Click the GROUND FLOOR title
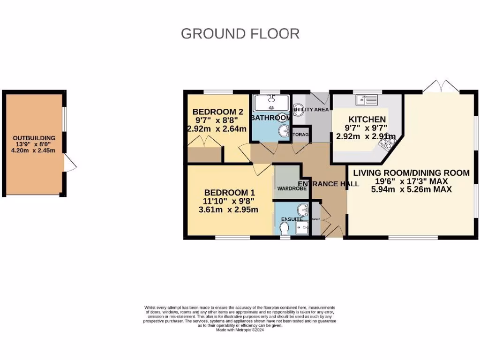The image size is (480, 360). pyautogui.click(x=240, y=34)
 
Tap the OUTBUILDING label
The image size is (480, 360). pyautogui.click(x=34, y=138)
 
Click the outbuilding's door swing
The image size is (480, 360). pyautogui.click(x=70, y=164)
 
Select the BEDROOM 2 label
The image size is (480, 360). pyautogui.click(x=217, y=112)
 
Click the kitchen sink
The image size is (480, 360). pyautogui.click(x=366, y=99)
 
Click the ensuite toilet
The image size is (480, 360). pyautogui.click(x=284, y=228)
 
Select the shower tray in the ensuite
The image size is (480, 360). pyautogui.click(x=303, y=227)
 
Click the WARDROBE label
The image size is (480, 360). pyautogui.click(x=292, y=188)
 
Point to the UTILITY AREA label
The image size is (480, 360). pyautogui.click(x=311, y=110)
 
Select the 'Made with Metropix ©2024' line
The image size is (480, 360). pyautogui.click(x=240, y=330)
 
